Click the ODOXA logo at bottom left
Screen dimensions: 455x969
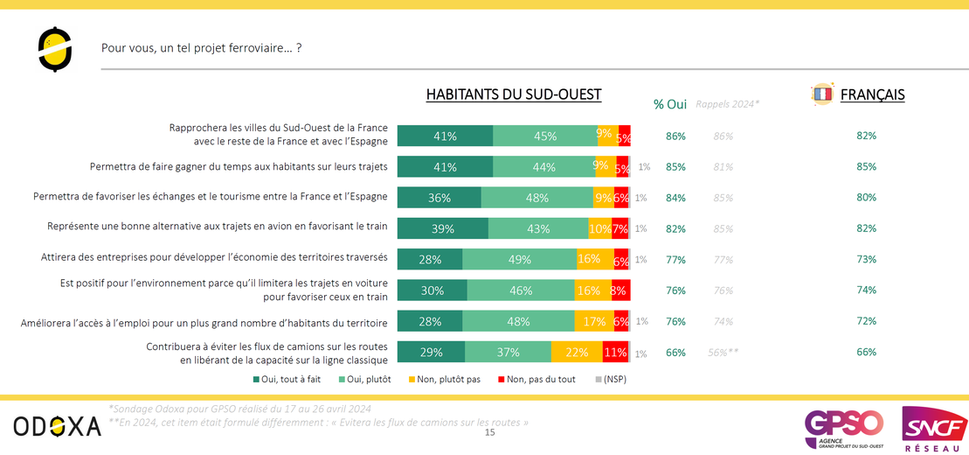pyautogui.click(x=57, y=426)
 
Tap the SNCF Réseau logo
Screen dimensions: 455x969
pyautogui.click(x=934, y=429)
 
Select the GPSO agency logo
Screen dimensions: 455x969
pyautogui.click(x=844, y=426)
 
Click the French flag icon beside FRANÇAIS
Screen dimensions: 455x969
pyautogui.click(x=822, y=94)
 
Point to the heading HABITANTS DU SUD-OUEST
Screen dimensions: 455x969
pyautogui.click(x=514, y=94)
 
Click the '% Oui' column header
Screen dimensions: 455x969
pyautogui.click(x=670, y=104)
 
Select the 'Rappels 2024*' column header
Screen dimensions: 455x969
pyautogui.click(x=727, y=104)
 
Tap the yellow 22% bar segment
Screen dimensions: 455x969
pyautogui.click(x=577, y=352)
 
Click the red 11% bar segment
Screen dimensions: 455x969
pyautogui.click(x=616, y=352)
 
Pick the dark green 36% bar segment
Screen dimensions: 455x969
pyautogui.click(x=440, y=198)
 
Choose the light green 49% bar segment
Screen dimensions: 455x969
pyautogui.click(x=519, y=259)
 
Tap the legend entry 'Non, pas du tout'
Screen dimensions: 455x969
pyautogui.click(x=537, y=380)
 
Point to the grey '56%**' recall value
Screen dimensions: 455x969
pyautogui.click(x=723, y=352)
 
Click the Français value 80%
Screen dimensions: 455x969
pyautogui.click(x=866, y=198)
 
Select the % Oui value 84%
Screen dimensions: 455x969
pyautogui.click(x=675, y=198)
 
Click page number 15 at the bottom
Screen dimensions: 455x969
pyautogui.click(x=489, y=432)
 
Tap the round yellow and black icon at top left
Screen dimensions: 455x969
pyautogui.click(x=55, y=50)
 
